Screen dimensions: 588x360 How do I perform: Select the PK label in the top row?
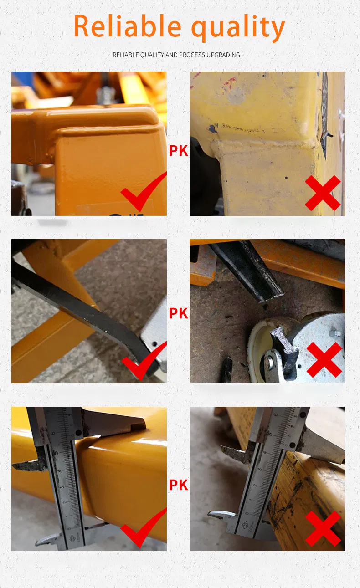(x=178, y=151)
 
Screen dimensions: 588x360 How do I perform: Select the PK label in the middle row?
(x=178, y=313)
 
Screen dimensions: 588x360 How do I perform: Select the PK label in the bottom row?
(x=178, y=485)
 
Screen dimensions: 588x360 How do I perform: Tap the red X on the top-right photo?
(x=323, y=193)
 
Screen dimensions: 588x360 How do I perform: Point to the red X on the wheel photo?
(x=324, y=360)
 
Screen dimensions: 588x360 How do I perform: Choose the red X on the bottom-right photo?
(x=323, y=528)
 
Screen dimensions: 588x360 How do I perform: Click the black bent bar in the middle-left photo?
(x=82, y=310)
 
